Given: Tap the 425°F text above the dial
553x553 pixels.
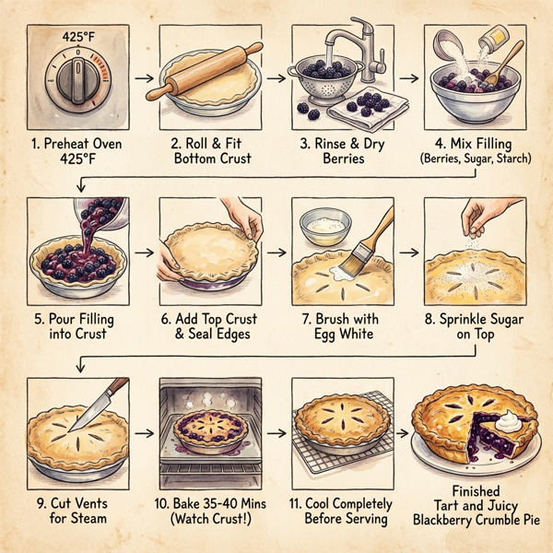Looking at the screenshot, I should [x=77, y=39].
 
